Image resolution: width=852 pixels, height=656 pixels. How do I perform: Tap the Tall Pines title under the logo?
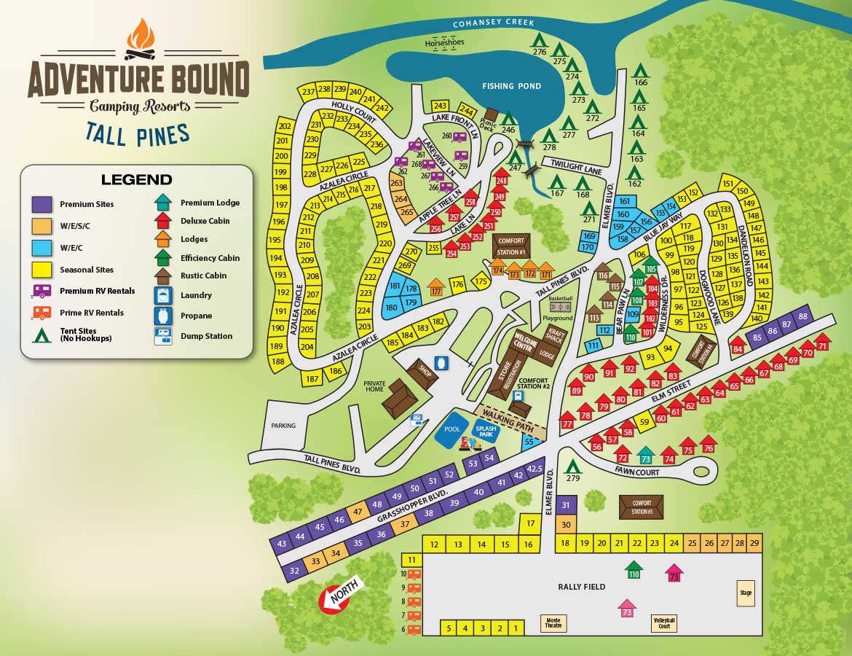138,133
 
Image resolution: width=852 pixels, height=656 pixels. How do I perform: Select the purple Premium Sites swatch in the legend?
42,205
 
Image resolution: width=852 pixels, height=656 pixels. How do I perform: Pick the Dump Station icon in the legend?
163,336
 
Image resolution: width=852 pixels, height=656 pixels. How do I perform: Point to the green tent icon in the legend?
42,335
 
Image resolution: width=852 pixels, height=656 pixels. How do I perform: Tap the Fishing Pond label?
511,86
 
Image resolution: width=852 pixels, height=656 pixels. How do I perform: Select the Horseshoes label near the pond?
444,43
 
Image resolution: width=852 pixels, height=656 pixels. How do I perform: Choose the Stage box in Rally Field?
745,593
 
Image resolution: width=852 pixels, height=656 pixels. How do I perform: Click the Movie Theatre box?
552,623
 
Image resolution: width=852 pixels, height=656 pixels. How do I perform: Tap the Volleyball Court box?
663,623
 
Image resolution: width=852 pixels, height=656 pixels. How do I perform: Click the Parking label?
283,426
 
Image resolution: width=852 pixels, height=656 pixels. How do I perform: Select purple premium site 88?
802,317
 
